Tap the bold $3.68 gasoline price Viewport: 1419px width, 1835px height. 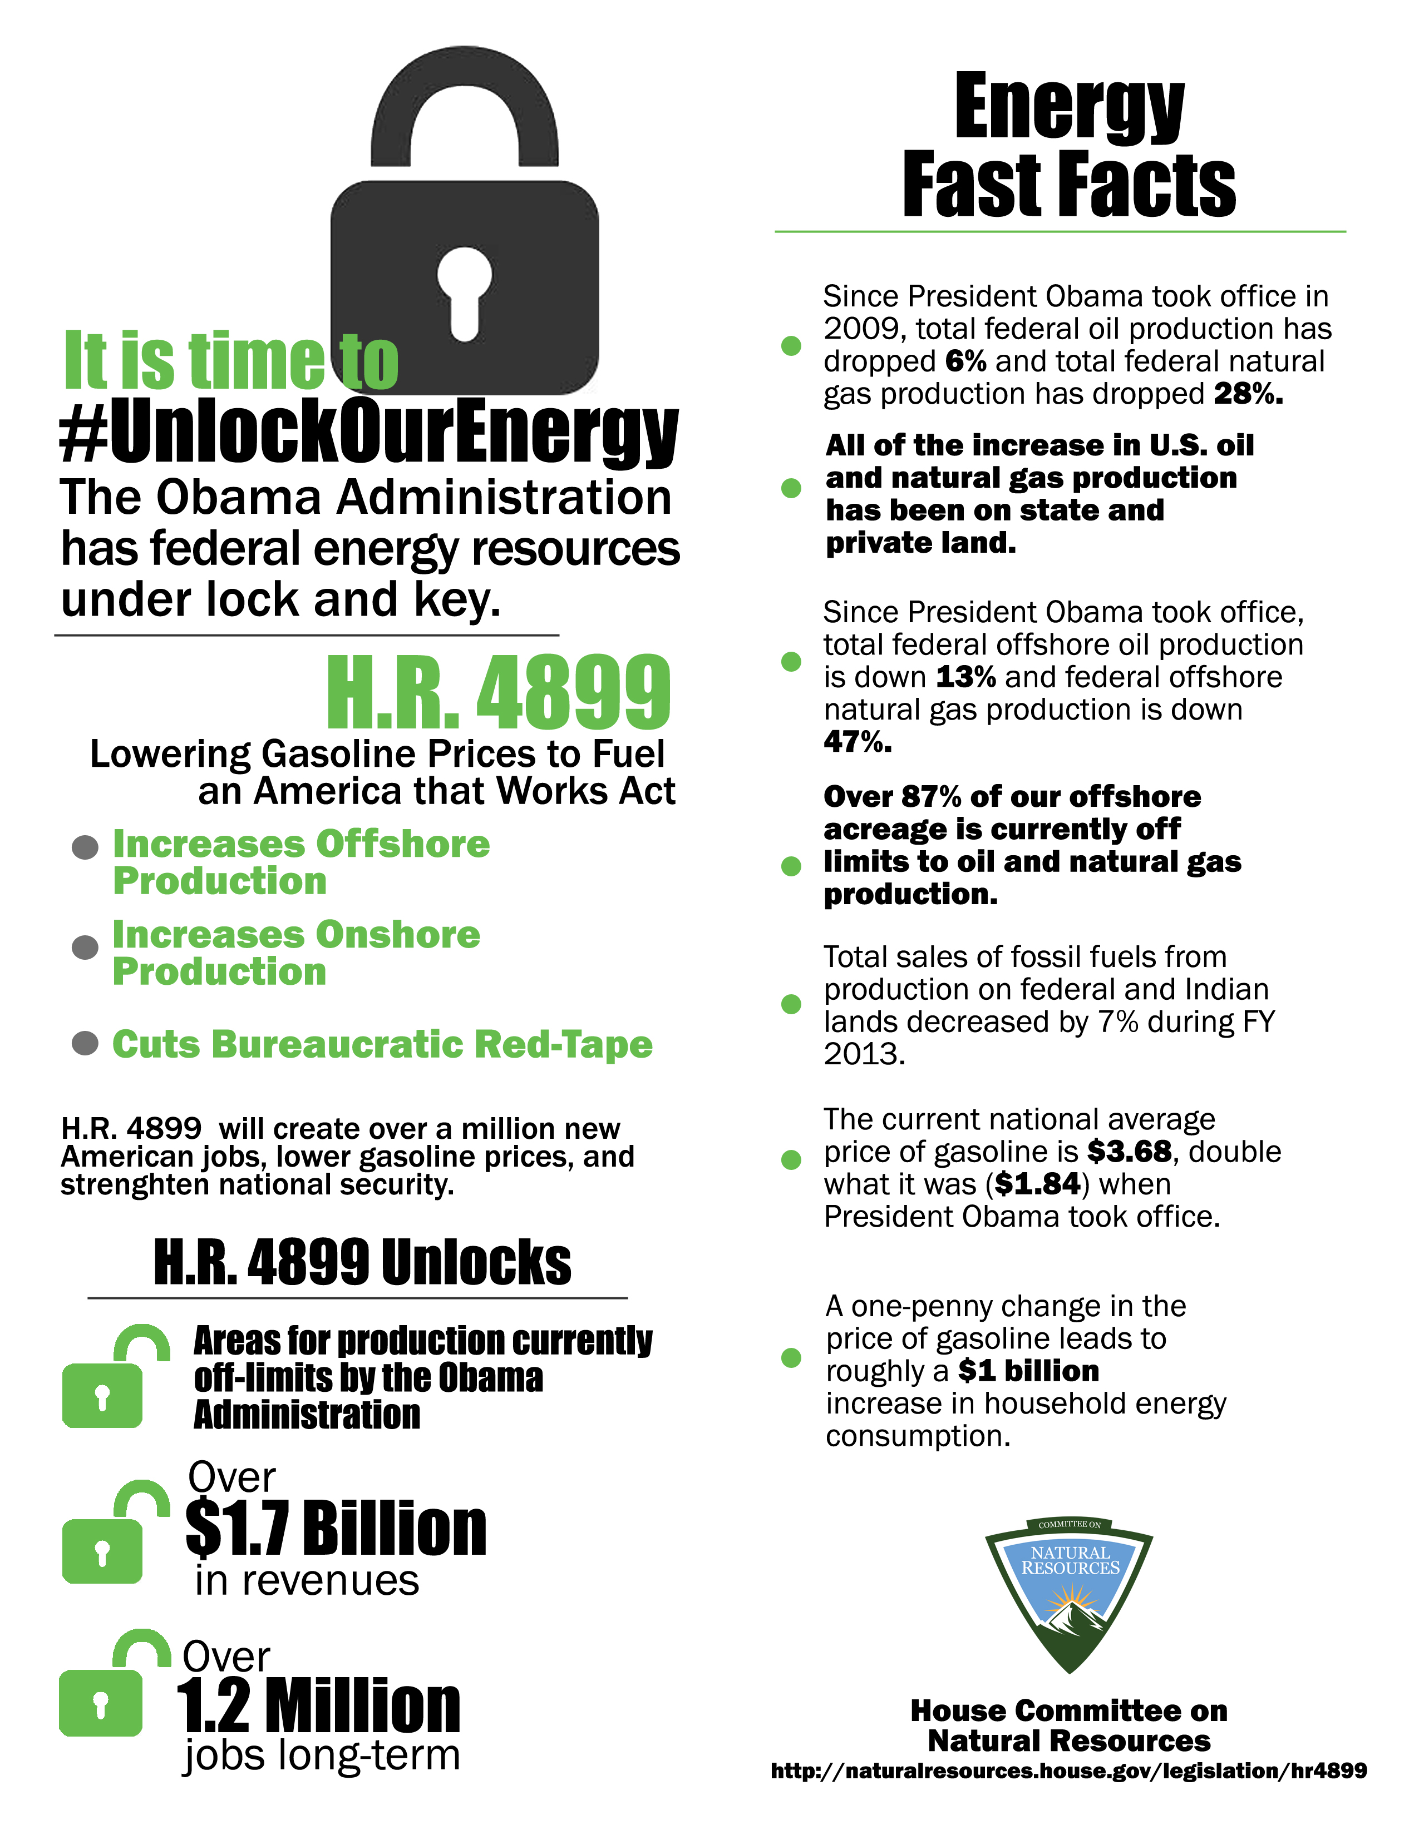click(1129, 1151)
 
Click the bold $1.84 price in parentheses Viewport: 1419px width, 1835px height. click(1037, 1184)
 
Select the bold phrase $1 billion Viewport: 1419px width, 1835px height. click(1028, 1371)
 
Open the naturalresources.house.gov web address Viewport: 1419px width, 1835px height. click(1068, 1771)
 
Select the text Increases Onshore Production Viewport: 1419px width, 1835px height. click(296, 952)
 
